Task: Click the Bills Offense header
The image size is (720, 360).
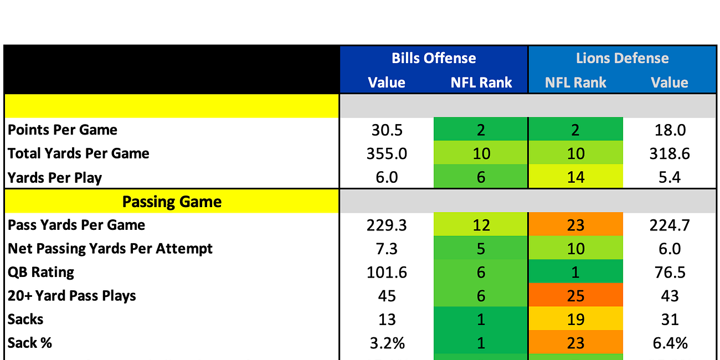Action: [434, 58]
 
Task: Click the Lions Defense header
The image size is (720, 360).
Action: [622, 58]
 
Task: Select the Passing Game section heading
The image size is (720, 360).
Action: [172, 202]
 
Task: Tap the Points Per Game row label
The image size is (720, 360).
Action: [63, 130]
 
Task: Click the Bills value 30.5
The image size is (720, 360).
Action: [387, 130]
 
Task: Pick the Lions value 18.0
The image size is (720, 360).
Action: [670, 130]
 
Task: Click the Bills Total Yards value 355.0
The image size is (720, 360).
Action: [387, 153]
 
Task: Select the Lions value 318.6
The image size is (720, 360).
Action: [670, 153]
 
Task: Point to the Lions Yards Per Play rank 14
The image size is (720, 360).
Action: [575, 177]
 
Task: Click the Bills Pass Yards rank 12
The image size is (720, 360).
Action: [481, 225]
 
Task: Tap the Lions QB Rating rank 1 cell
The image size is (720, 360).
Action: [575, 272]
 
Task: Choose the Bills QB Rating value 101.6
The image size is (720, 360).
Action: [387, 272]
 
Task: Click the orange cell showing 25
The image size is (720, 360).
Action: [575, 296]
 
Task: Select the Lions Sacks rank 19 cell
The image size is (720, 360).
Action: [575, 320]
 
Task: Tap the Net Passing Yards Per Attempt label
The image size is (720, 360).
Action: [110, 249]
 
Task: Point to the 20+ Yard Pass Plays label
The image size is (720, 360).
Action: [72, 296]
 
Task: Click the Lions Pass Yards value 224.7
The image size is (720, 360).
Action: [670, 225]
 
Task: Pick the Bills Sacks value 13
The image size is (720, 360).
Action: [387, 320]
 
